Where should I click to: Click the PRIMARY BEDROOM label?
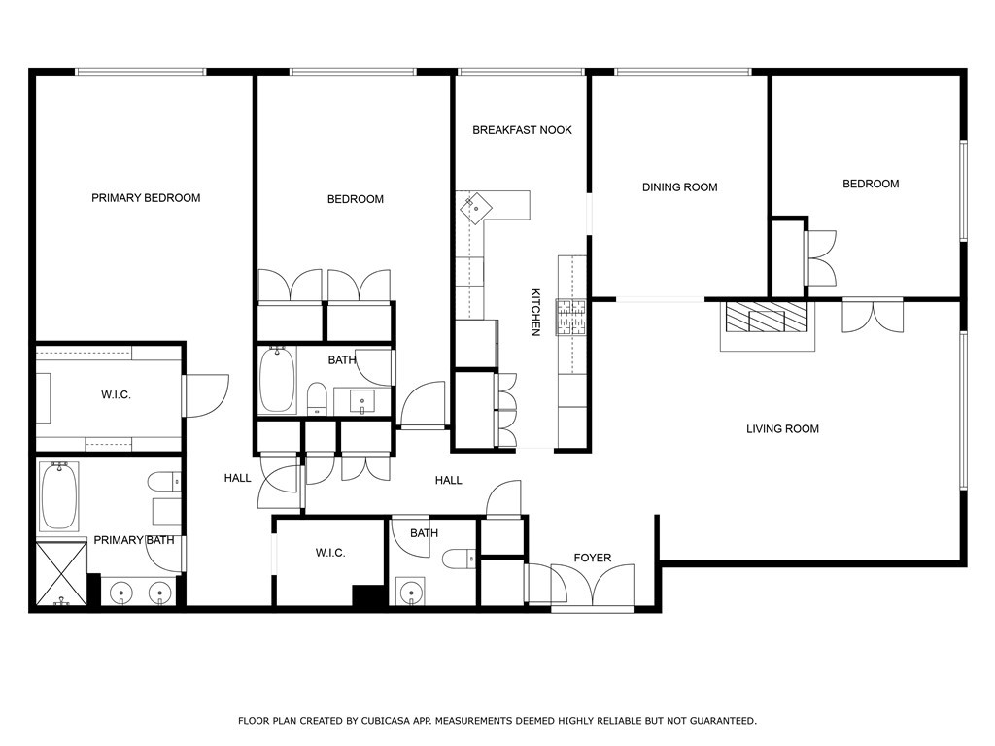click(146, 198)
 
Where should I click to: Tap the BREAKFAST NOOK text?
click(522, 130)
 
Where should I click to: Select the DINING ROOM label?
click(679, 187)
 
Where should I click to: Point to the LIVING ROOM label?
click(782, 428)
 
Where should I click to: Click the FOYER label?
click(593, 558)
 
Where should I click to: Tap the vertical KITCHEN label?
click(535, 312)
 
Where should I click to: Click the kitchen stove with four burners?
click(571, 318)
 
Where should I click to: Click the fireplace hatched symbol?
click(768, 318)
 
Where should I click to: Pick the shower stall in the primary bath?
click(61, 573)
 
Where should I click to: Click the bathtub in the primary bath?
click(59, 496)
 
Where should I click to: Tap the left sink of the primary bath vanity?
click(120, 593)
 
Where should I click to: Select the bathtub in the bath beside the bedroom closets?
click(277, 380)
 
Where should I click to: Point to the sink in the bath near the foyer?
click(411, 592)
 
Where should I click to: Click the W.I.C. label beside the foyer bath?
click(330, 553)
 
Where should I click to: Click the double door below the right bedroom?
click(873, 316)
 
